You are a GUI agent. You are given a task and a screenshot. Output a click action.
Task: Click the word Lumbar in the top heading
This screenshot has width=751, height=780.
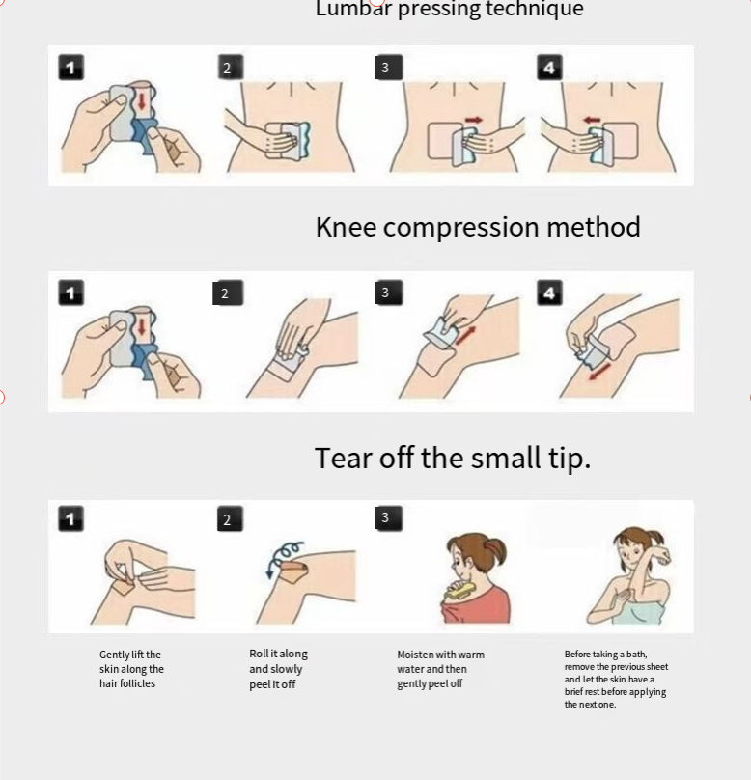353,9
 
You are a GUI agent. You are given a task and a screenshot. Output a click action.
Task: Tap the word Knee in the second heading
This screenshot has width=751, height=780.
347,227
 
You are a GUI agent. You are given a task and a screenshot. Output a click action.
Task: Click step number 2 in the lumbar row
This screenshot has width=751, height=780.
231,68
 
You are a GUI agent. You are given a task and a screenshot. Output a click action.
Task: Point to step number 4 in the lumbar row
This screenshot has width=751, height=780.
549,68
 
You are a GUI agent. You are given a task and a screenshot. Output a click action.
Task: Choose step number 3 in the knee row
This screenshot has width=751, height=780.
388,292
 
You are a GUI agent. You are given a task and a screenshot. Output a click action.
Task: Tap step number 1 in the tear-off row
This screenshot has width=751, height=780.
70,518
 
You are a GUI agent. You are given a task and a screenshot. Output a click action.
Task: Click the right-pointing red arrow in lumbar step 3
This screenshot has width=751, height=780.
474,120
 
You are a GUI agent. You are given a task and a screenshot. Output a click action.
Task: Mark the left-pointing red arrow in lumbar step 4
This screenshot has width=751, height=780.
592,120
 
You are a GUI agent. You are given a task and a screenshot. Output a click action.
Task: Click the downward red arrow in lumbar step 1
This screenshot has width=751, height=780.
142,101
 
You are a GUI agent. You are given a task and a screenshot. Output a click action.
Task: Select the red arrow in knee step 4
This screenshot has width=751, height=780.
599,371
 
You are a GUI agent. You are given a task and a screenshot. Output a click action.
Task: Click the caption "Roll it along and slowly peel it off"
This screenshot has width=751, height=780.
279,669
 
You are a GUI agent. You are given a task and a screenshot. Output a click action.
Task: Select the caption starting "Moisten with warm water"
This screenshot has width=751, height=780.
440,669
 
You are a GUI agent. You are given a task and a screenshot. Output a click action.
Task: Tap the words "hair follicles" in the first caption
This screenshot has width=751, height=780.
127,683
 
